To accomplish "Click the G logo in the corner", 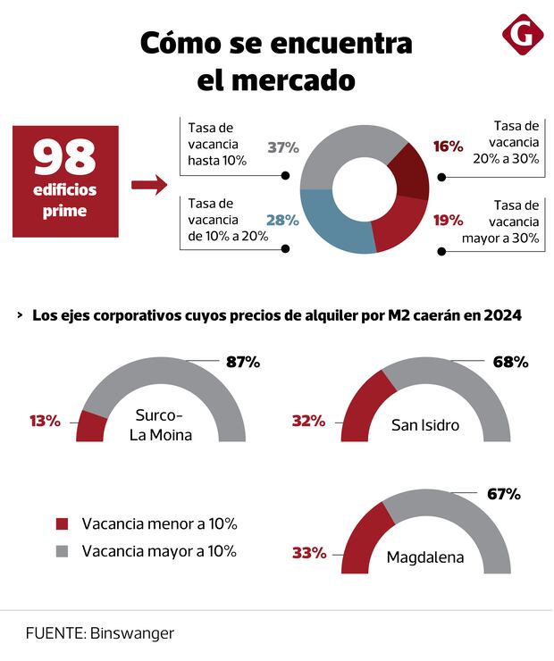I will (522, 34).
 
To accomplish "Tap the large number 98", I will (65, 158).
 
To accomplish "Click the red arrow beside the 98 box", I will (149, 186).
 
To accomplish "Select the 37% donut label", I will (282, 147).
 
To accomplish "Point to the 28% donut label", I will (282, 220).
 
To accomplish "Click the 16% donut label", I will (423, 146).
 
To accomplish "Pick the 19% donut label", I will (423, 220).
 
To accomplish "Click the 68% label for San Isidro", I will (511, 362).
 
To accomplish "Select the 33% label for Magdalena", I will (309, 553).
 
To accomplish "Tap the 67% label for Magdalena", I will (502, 494).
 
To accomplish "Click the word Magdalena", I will (425, 557).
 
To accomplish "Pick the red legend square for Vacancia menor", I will (63, 524).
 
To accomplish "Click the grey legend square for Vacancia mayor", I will (63, 551).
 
